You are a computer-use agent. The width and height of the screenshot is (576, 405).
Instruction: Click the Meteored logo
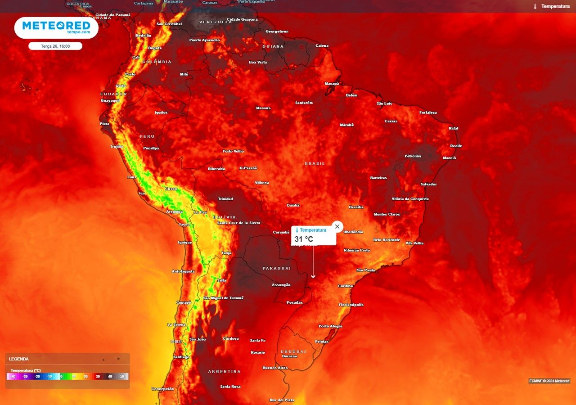[56, 27]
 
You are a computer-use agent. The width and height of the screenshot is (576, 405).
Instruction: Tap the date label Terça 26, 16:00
[55, 46]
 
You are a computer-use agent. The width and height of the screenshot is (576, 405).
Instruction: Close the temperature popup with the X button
[337, 226]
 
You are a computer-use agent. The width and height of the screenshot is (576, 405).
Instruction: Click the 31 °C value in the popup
[304, 239]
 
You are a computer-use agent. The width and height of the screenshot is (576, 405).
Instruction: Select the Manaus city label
[263, 108]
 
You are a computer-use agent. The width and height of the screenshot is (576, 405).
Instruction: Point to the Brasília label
[356, 207]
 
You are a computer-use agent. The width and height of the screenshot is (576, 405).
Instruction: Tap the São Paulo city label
[365, 270]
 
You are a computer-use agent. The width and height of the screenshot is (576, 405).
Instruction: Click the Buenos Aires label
[275, 368]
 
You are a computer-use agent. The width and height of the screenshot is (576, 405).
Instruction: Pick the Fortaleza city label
[428, 112]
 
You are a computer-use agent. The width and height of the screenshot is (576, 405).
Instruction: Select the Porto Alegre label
[330, 326]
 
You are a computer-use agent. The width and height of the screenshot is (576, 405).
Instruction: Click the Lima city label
[132, 177]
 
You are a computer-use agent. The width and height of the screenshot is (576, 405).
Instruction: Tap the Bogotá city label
[155, 48]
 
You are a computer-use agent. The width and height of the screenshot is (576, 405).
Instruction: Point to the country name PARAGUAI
[277, 268]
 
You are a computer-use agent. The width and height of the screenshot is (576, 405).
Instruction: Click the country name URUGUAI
[293, 351]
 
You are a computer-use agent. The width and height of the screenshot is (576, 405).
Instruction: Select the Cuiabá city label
[293, 205]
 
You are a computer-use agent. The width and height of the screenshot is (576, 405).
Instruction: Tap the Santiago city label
[181, 357]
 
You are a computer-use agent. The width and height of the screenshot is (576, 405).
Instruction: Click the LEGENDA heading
[19, 359]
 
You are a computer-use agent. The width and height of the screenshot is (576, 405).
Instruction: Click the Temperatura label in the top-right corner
[555, 6]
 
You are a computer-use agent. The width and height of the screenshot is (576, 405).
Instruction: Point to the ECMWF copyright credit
[549, 381]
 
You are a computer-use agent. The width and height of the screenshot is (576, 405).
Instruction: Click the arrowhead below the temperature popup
[313, 276]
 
